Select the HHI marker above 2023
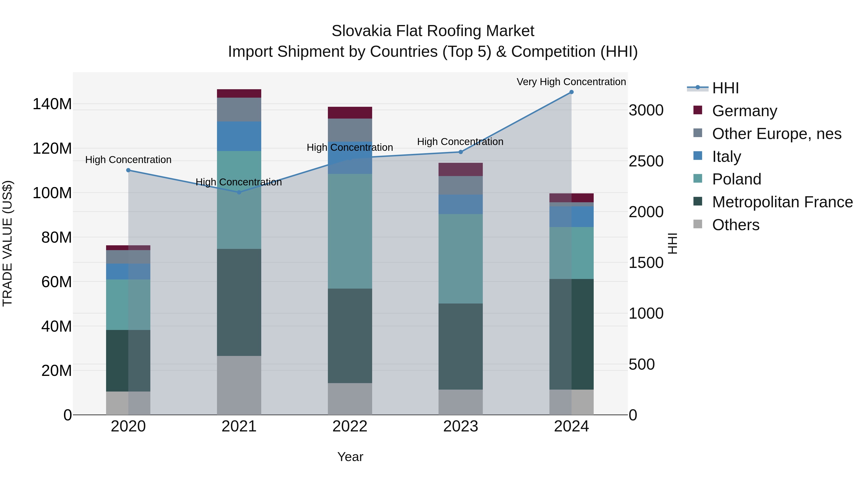click(461, 152)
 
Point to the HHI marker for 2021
click(239, 192)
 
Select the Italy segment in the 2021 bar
click(239, 136)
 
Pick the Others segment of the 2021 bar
click(239, 385)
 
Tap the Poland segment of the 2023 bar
click(461, 259)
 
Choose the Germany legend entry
click(744, 111)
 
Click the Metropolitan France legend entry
click(782, 202)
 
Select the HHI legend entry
click(725, 88)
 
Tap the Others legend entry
click(735, 225)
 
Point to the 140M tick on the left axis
click(52, 104)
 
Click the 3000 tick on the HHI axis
click(646, 110)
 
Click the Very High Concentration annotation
click(571, 82)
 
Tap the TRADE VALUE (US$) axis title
click(7, 243)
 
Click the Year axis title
click(350, 457)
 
